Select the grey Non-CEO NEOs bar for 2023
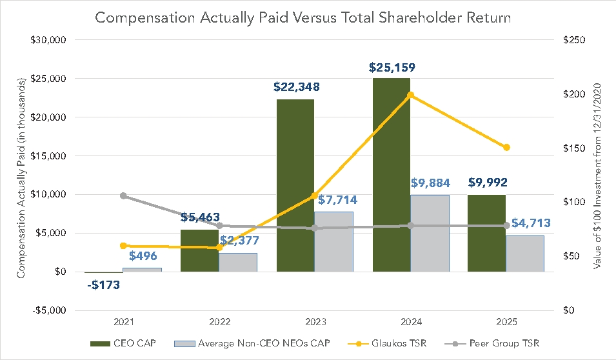[333, 241]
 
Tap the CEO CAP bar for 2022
[199, 250]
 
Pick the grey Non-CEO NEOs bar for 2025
[525, 254]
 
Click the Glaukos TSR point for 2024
[411, 95]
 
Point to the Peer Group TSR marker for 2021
[123, 196]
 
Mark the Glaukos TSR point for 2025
[507, 148]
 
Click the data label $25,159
[392, 67]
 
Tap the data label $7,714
[335, 199]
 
